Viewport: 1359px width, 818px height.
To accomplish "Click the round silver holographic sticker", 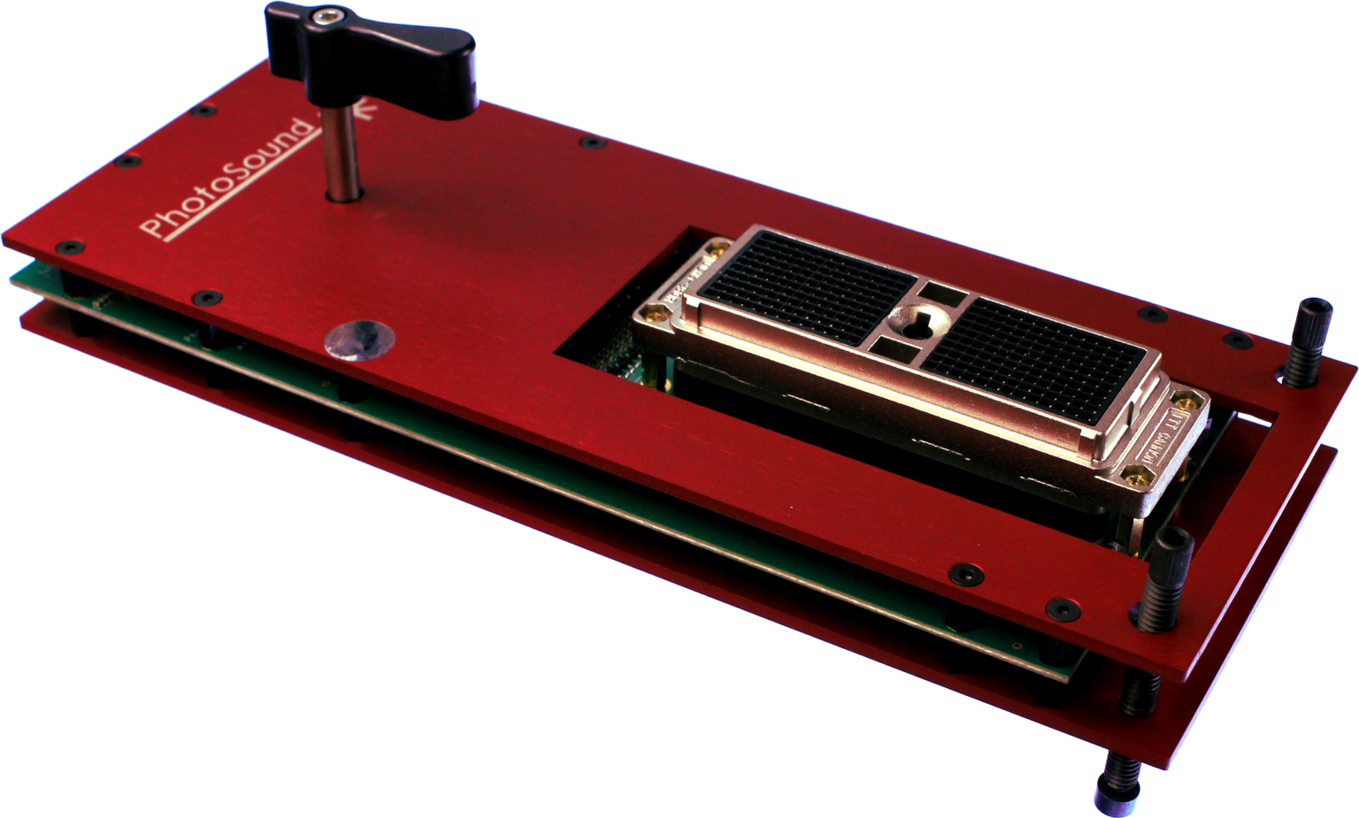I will point(358,339).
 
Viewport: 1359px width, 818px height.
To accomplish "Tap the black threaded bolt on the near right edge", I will point(1168,575).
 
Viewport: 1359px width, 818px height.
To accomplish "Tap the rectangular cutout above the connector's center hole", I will point(935,291).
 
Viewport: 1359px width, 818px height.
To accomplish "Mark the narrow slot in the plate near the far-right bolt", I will point(1256,415).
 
